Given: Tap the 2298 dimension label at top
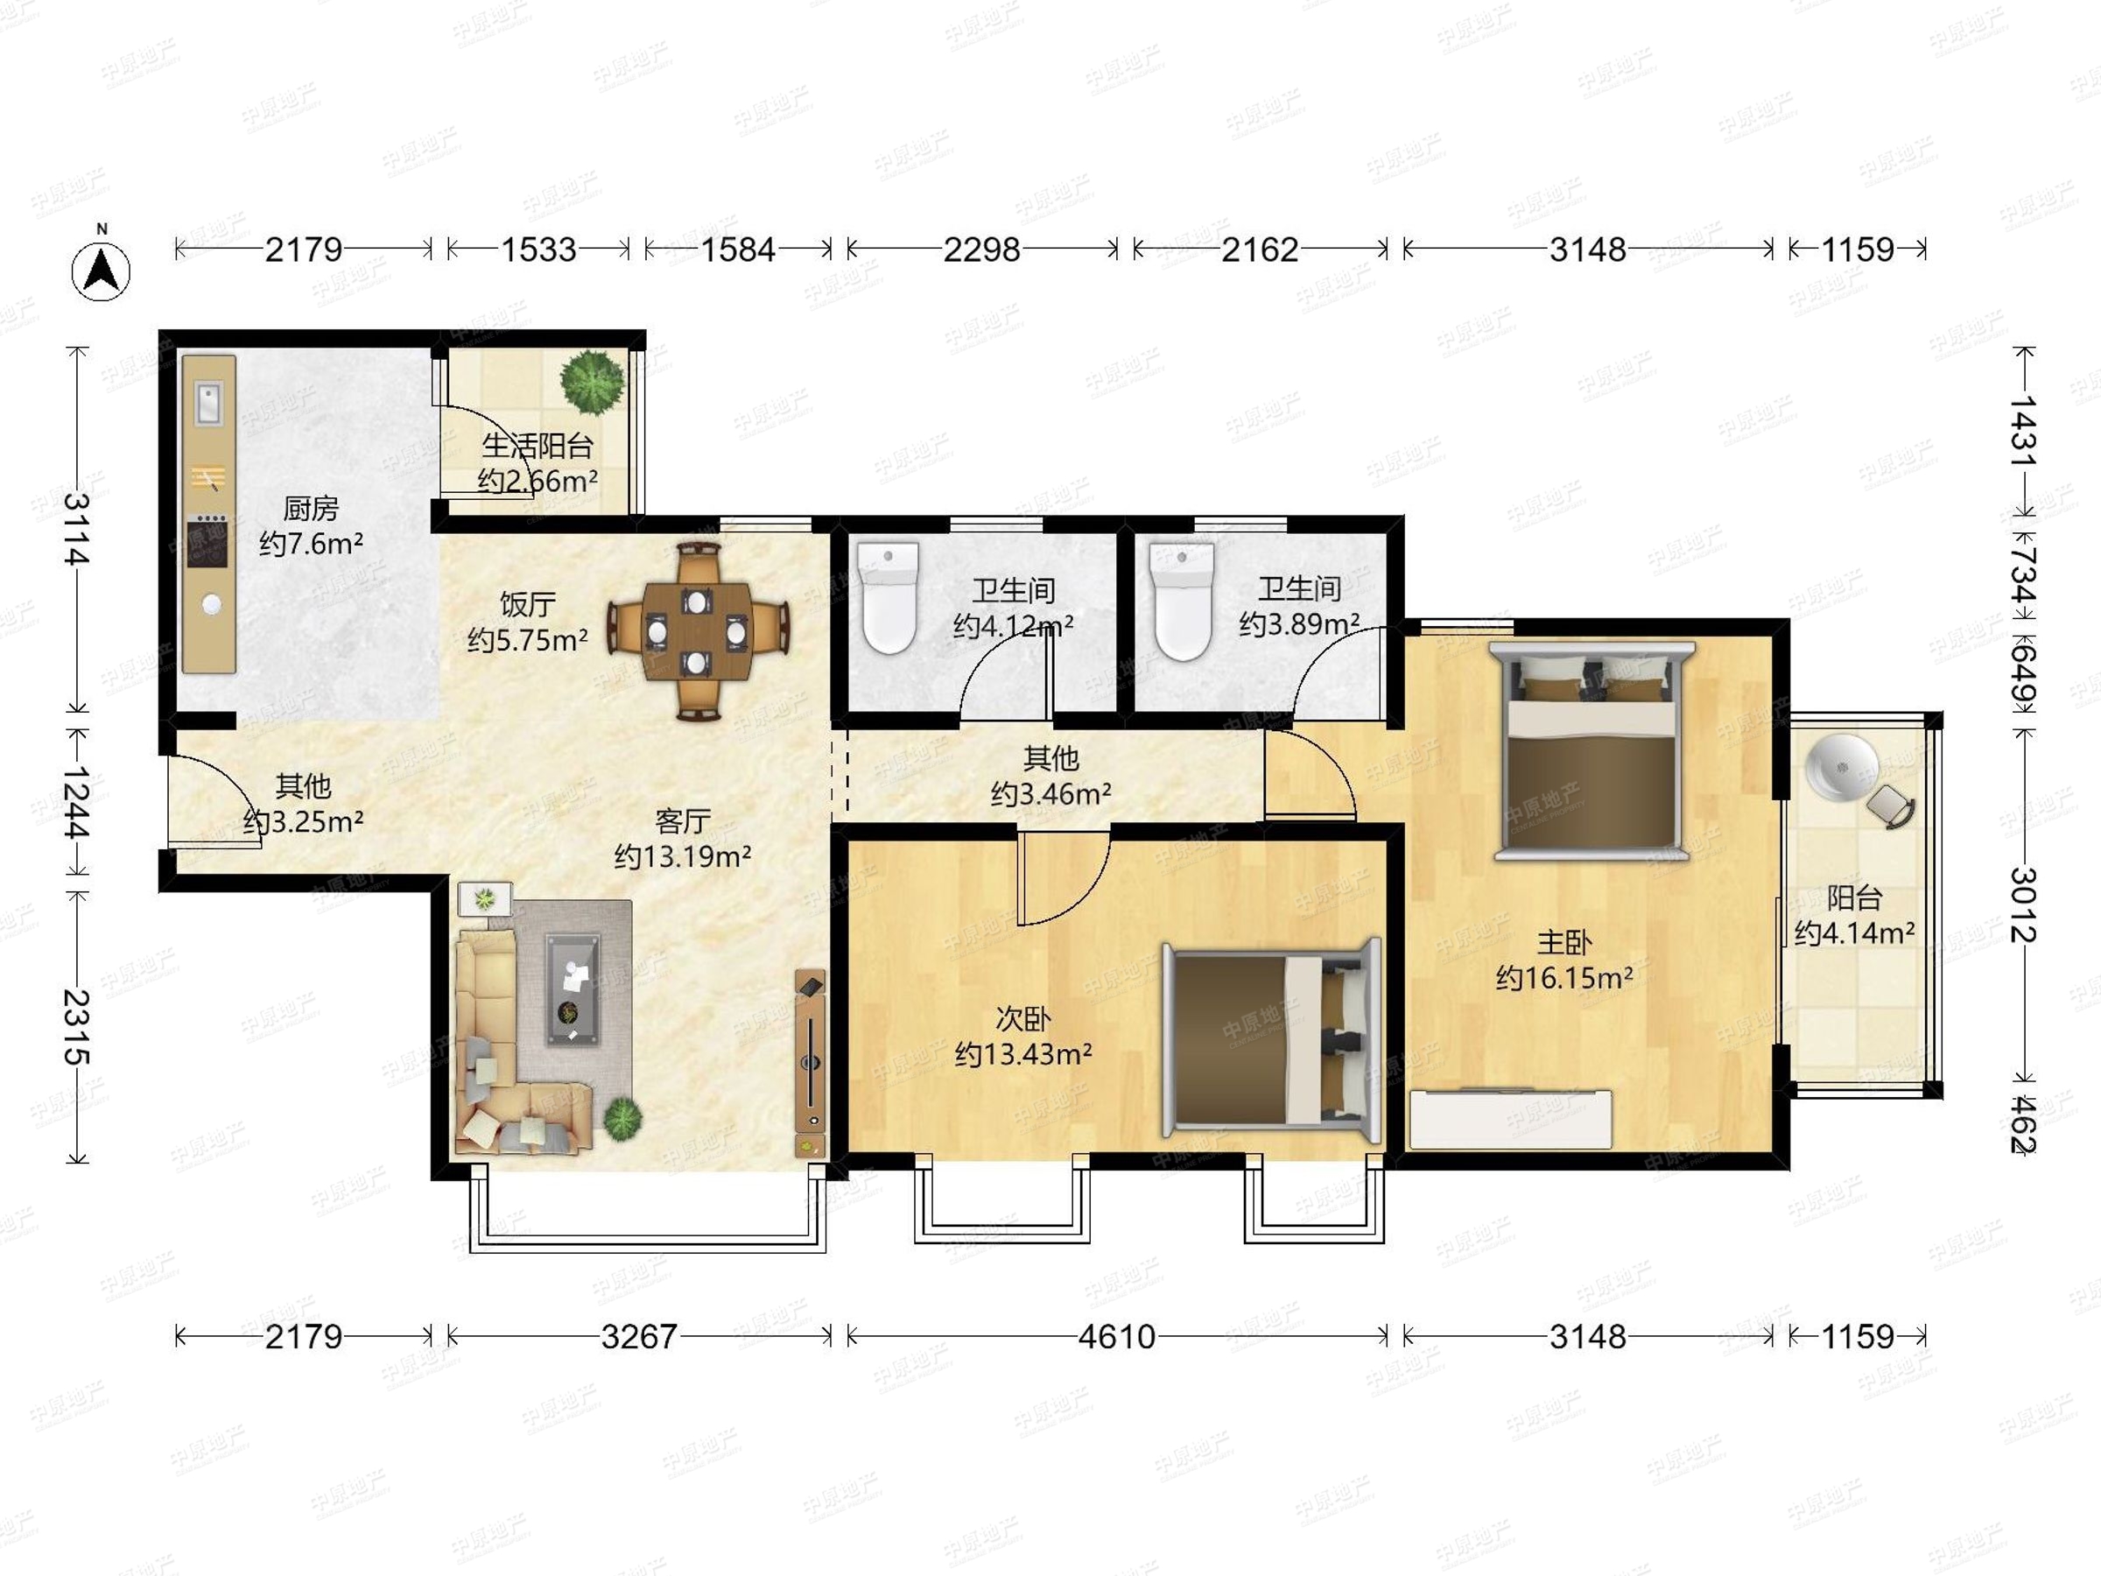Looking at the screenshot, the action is [x=981, y=250].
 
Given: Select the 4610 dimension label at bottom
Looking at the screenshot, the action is [x=1116, y=1338].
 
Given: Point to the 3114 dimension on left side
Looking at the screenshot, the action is [x=77, y=529].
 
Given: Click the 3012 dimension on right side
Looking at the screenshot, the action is [x=2023, y=904].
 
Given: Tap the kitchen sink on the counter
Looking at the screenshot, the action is [x=209, y=403].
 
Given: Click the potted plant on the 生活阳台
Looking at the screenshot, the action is [x=593, y=382].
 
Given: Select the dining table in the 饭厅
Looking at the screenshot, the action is [x=697, y=630].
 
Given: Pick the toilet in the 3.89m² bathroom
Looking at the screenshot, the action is [x=1181, y=602].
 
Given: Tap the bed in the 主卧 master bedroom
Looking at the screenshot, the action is [x=1591, y=751].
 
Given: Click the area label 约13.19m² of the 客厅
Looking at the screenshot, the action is [x=683, y=857].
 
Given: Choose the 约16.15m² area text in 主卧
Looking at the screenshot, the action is [x=1564, y=977].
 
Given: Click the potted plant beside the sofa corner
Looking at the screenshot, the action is [x=623, y=1118].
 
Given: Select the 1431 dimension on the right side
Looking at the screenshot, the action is [x=2023, y=431].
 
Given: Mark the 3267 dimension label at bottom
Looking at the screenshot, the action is [x=639, y=1338].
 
